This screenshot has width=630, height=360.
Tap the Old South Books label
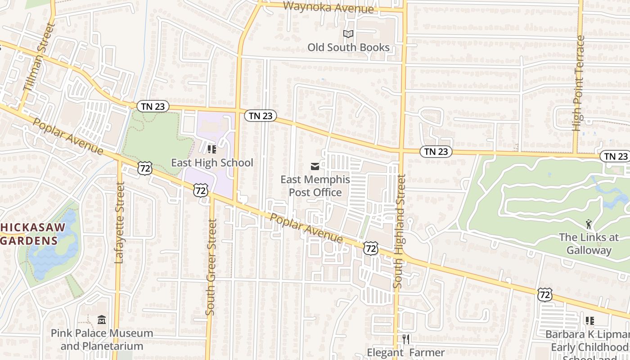coord(348,47)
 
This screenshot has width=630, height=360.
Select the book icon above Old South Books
coord(348,34)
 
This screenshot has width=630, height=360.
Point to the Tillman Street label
coord(38,63)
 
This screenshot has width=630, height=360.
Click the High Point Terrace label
coord(579,83)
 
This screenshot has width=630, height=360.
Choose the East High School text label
coord(212,162)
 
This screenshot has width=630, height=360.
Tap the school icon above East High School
coord(212,149)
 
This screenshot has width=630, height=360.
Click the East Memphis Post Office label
coord(315,186)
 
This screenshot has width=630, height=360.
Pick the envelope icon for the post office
coord(315,167)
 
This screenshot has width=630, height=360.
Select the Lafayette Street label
coord(119,222)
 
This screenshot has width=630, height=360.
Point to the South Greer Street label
coord(211,267)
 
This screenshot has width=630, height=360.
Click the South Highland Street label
coord(400,231)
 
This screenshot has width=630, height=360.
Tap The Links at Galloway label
coord(589,243)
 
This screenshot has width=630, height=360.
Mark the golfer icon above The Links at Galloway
coord(589,223)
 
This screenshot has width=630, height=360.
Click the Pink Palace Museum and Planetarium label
coord(102,340)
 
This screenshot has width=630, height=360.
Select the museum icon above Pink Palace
coord(102,320)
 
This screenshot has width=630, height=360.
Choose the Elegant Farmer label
coord(406,352)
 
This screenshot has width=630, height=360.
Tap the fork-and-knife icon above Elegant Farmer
coord(406,339)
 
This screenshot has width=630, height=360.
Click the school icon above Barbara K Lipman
coord(589,321)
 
